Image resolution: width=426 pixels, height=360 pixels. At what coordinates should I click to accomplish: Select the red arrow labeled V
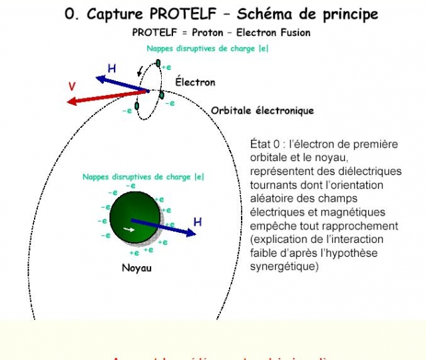click(106, 96)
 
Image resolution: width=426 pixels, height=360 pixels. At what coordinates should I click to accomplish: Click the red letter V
click(71, 87)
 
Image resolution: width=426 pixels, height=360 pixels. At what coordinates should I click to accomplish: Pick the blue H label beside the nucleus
click(197, 222)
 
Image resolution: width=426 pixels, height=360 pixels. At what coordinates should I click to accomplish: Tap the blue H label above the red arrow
click(112, 69)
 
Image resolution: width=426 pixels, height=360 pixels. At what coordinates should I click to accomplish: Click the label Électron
click(195, 83)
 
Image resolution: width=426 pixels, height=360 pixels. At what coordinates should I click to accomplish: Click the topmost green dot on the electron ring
click(158, 63)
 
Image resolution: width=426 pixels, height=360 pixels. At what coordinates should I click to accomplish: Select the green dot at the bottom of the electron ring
click(136, 106)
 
